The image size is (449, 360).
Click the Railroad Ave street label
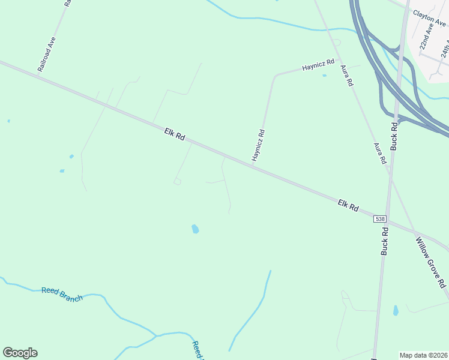click(x=47, y=54)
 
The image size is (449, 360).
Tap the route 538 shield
click(x=379, y=219)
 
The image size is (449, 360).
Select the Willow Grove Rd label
click(x=431, y=262)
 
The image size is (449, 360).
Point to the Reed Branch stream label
click(x=62, y=294)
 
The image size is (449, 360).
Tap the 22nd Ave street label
click(x=427, y=37)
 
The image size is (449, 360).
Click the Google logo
click(x=20, y=353)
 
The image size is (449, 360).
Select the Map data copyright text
click(x=423, y=355)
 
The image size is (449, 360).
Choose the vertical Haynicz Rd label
click(x=258, y=145)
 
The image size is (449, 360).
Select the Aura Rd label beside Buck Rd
click(x=379, y=154)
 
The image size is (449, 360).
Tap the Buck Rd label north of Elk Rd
click(x=394, y=136)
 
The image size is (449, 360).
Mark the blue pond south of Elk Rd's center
click(x=194, y=229)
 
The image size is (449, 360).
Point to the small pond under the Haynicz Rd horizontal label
click(x=324, y=76)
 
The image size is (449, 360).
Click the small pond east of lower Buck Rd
click(x=395, y=310)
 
